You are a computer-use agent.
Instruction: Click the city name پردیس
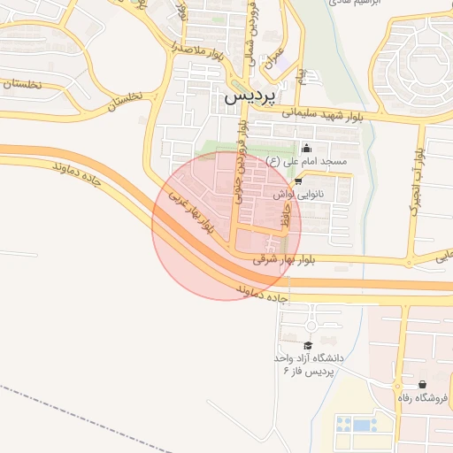(x=250, y=94)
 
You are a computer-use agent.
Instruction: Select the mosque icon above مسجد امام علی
(x=307, y=148)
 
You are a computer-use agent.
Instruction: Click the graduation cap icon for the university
(x=308, y=345)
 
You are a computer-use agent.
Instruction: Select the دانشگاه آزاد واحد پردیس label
(x=307, y=365)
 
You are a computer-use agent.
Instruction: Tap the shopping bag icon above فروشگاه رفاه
(x=423, y=385)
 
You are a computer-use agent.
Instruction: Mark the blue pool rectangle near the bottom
(x=362, y=425)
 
